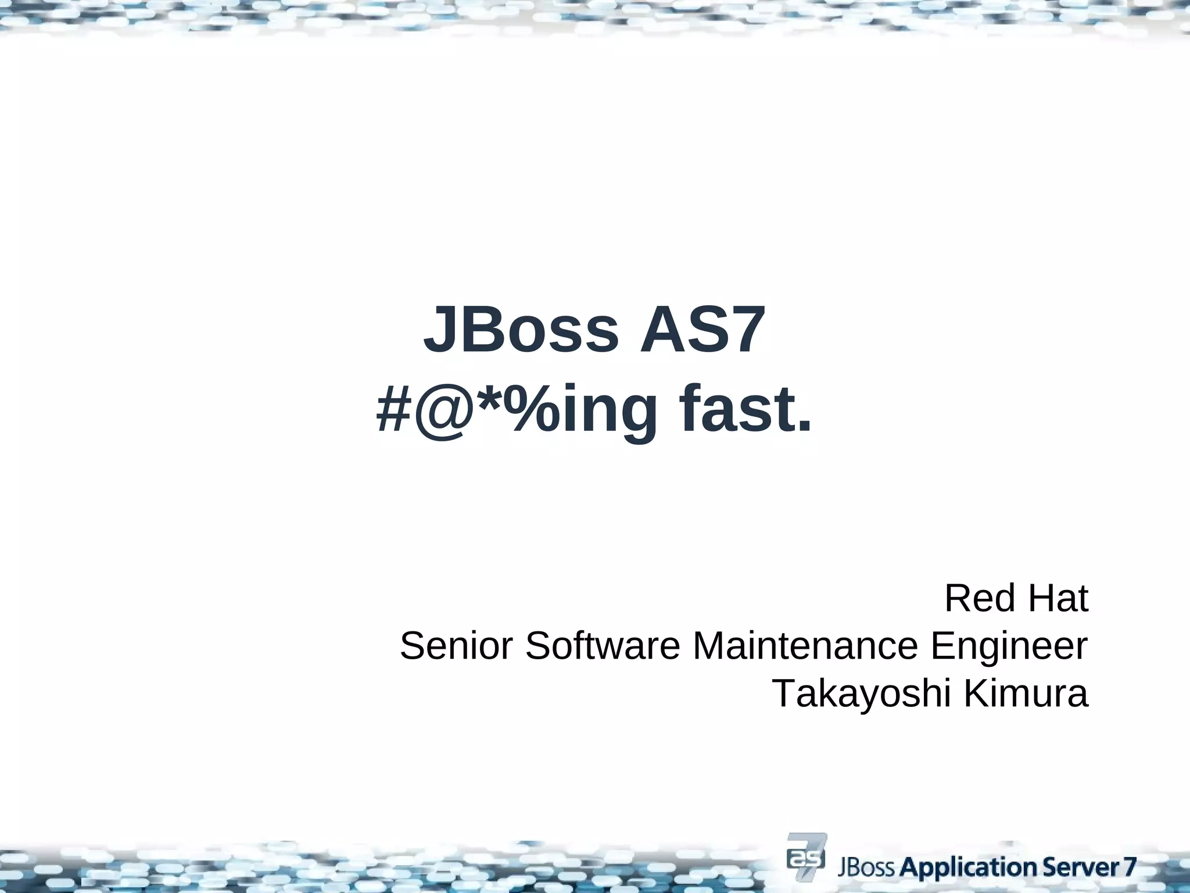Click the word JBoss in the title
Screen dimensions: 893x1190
coord(521,330)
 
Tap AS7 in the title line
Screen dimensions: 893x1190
coord(701,330)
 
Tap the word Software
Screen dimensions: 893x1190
coord(603,646)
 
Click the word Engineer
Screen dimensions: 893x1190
coord(1009,647)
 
